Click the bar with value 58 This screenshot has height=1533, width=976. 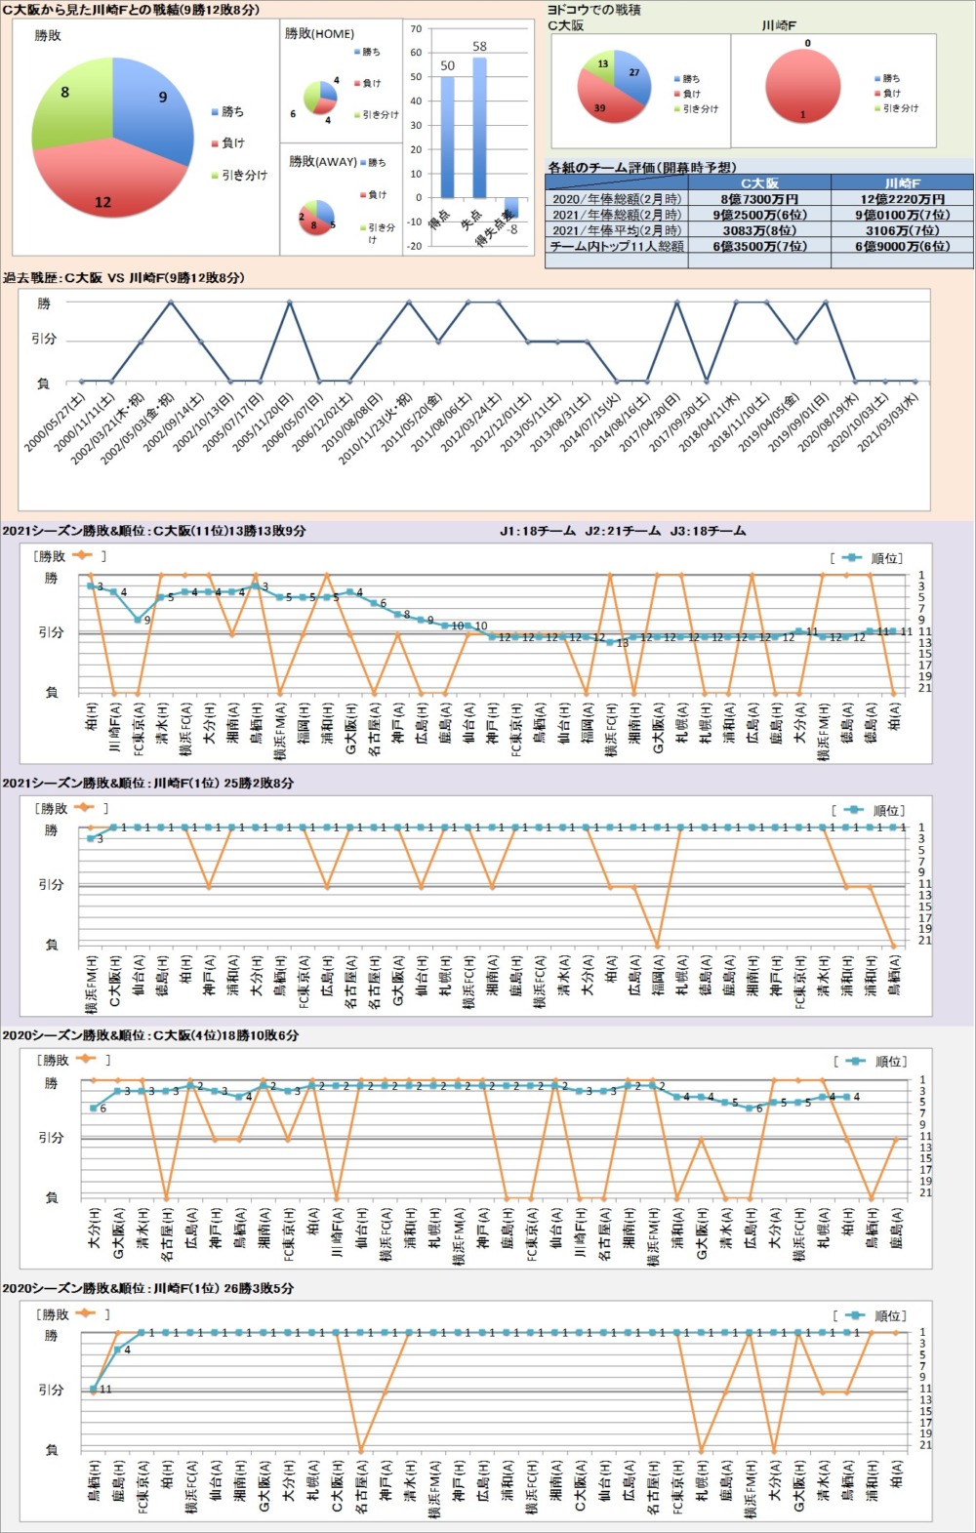pyautogui.click(x=479, y=127)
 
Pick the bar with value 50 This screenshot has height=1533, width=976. pyautogui.click(x=447, y=137)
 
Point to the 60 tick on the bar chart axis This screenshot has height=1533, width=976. pyautogui.click(x=416, y=53)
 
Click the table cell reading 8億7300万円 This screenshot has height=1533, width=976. pyautogui.click(x=759, y=199)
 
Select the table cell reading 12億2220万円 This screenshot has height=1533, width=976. pyautogui.click(x=902, y=199)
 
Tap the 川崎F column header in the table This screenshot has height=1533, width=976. pyautogui.click(x=902, y=183)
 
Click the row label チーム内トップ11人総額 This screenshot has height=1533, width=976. pyautogui.click(x=617, y=247)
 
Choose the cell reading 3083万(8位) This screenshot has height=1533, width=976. pyautogui.click(x=759, y=231)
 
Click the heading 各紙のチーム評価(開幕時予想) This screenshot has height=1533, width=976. pyautogui.click(x=642, y=168)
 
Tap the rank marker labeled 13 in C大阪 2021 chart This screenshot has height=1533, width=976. pyautogui.click(x=611, y=641)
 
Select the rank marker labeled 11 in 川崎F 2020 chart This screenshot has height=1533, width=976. pyautogui.click(x=94, y=1389)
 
